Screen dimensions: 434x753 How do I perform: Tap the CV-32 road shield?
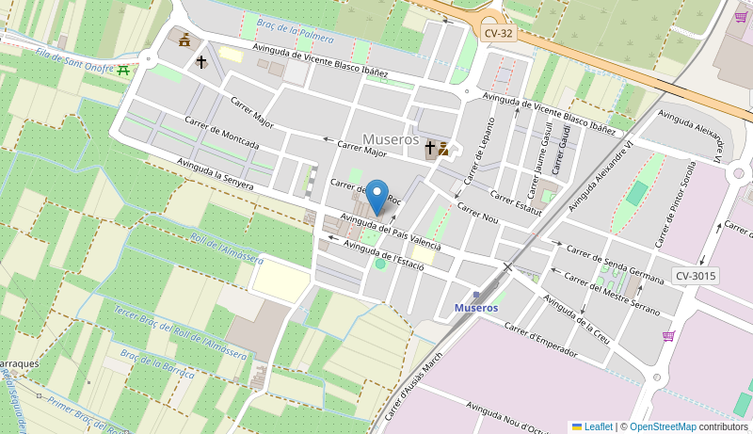pos(498,33)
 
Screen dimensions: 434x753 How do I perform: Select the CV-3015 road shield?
pos(696,276)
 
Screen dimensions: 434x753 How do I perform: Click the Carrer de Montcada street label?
pos(221,133)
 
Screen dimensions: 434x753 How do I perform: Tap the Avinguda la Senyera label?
pos(215,173)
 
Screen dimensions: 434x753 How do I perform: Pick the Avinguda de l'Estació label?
pos(383,255)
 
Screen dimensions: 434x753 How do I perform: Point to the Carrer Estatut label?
pos(516,202)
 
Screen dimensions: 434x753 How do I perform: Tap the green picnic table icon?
pos(123,70)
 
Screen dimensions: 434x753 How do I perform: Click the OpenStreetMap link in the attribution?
pos(663,426)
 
